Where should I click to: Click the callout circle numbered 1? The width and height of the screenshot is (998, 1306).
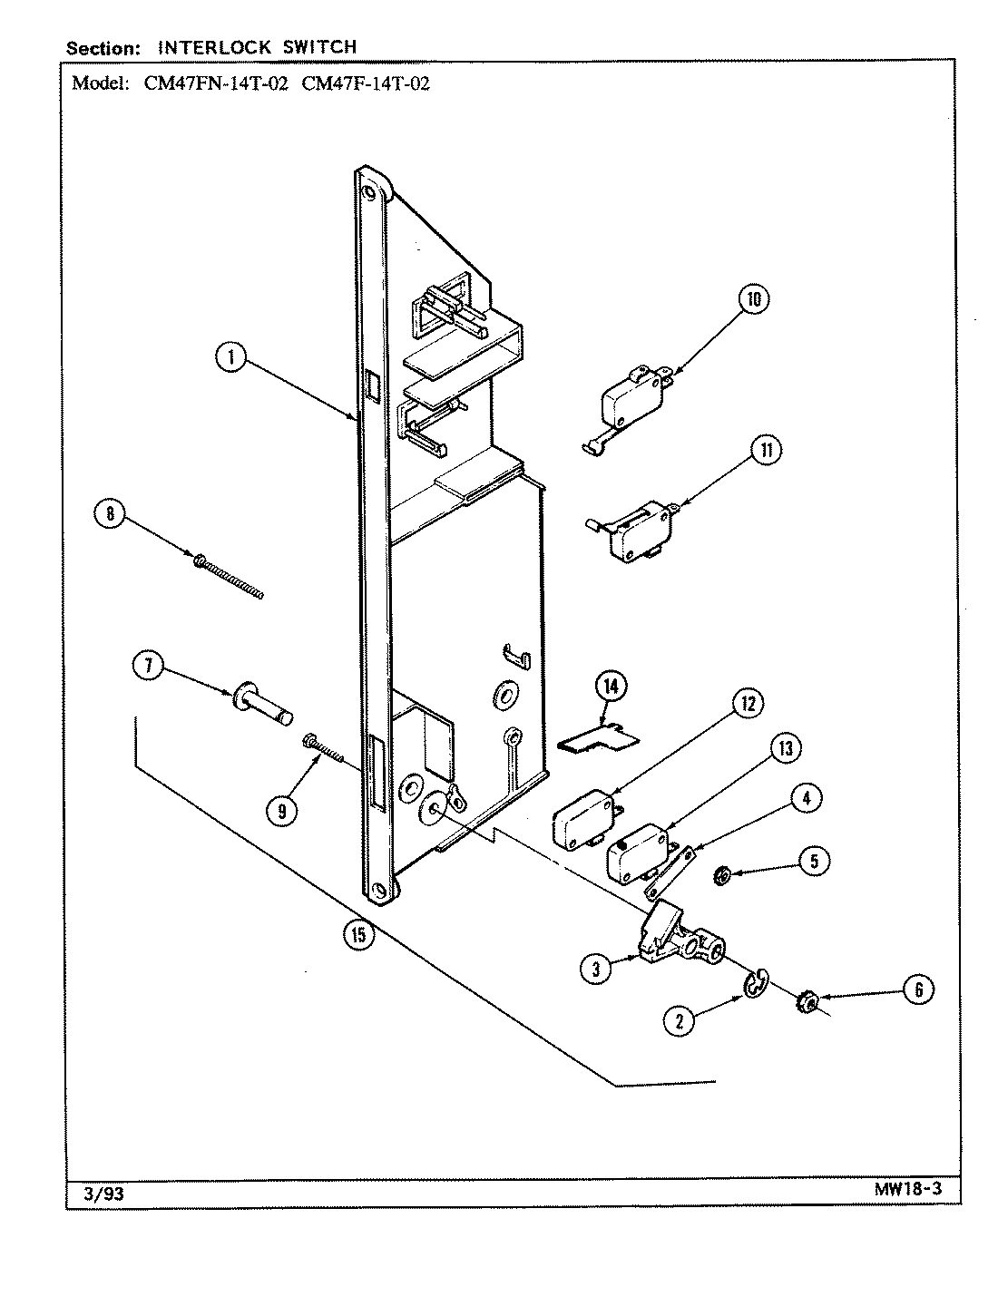(230, 358)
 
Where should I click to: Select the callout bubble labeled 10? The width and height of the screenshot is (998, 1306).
(753, 299)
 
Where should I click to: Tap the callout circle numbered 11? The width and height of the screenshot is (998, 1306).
(768, 451)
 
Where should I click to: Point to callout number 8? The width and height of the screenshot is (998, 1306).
(110, 514)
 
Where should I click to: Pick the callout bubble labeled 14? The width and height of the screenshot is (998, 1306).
(611, 687)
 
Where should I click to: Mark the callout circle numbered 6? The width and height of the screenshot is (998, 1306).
(918, 989)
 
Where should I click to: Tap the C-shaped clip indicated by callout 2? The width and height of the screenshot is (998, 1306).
(756, 983)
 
